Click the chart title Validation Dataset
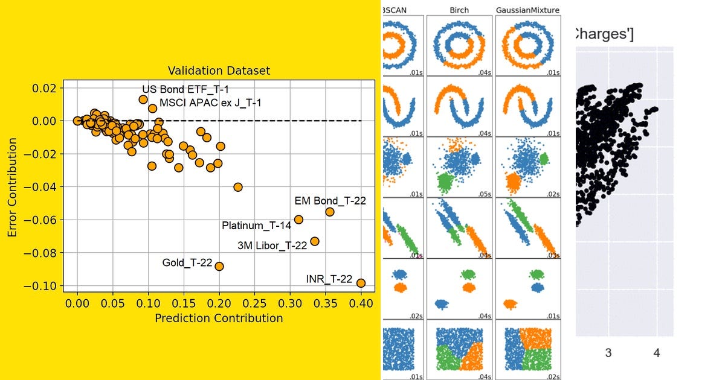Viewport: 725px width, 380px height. tap(218, 71)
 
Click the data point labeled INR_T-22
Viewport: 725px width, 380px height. tap(361, 283)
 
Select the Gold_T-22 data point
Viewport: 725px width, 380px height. tap(219, 266)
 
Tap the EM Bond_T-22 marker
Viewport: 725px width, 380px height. tap(330, 212)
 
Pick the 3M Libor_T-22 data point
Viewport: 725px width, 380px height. tap(314, 241)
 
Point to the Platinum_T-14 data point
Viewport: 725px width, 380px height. tap(298, 220)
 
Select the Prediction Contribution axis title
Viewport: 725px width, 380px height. tap(219, 318)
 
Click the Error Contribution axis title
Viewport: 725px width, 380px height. tap(13, 187)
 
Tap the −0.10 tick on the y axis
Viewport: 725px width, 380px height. tap(42, 286)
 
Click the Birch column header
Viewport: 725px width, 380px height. tap(459, 10)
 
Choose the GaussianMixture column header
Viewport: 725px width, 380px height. tap(527, 10)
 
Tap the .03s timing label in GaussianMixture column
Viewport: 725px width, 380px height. tap(552, 256)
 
